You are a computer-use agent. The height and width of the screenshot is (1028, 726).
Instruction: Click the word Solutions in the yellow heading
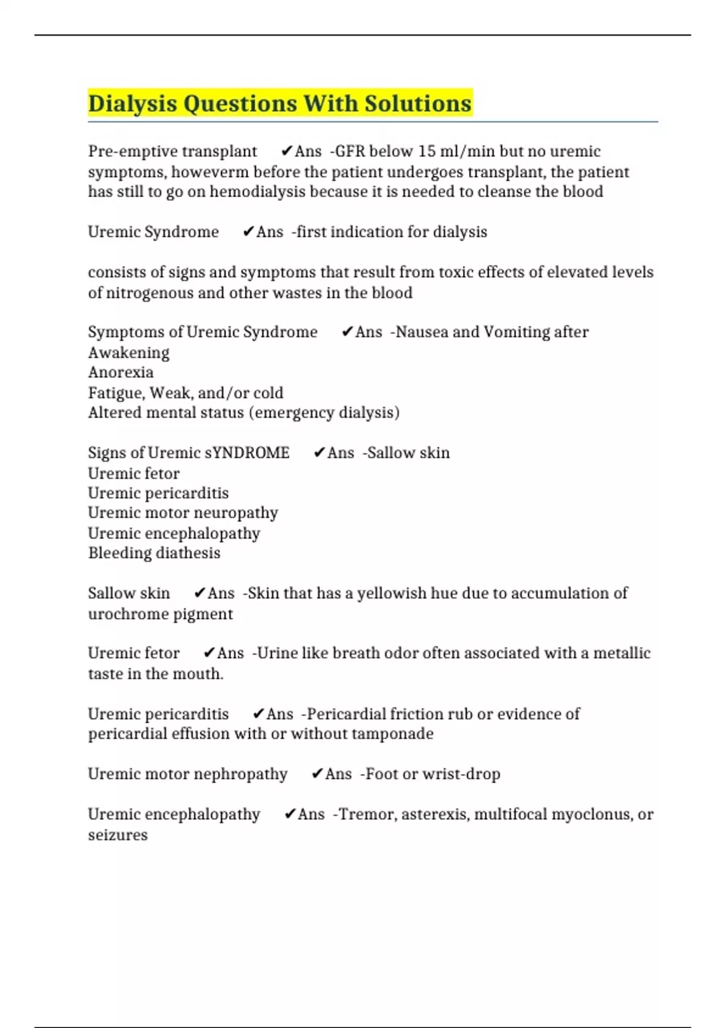pos(417,103)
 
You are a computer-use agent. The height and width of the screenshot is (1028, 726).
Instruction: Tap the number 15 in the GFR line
pos(427,151)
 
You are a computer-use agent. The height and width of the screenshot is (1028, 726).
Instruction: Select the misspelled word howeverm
pos(210,172)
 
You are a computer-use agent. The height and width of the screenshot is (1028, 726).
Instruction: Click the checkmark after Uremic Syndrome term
pos(247,232)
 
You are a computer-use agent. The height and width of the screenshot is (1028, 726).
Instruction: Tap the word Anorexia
pos(120,372)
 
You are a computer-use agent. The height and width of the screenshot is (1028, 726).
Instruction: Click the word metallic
pos(621,653)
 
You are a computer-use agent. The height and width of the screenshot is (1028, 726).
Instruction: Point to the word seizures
pos(117,835)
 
